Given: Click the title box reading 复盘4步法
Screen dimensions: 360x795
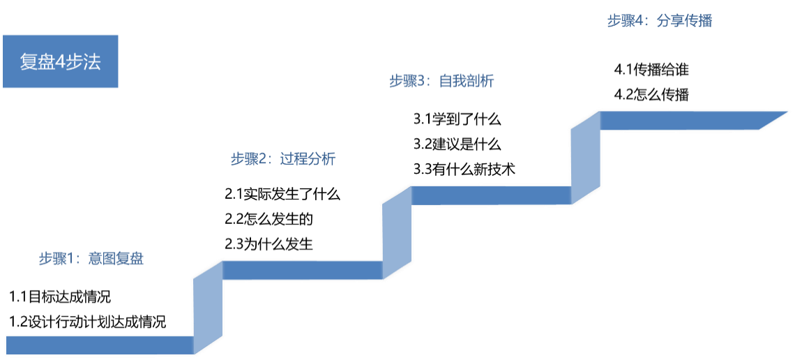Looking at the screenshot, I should point(61,61).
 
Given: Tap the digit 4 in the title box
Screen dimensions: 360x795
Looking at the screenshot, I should point(61,62).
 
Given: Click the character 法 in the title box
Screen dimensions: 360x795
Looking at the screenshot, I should point(93,62).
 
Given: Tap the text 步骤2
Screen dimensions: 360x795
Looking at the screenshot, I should point(249,159).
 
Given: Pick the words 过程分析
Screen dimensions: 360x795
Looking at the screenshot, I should point(308,159).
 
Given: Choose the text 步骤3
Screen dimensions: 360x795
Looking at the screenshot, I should point(407,82).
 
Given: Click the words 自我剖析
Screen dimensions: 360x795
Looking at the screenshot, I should point(467,82).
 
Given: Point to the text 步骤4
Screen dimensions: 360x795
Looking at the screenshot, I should point(625,21).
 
